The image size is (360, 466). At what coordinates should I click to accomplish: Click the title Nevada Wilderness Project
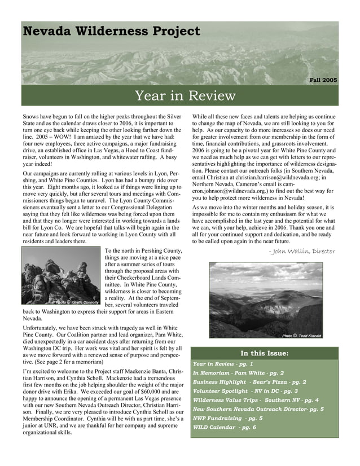pos(111,31)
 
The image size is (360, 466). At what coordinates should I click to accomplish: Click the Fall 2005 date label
pos(323,80)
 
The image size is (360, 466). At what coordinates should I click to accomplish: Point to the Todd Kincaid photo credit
pos(301,336)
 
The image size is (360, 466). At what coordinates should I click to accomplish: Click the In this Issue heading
pos(265,354)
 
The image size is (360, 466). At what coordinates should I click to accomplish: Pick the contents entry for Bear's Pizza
pos(249,382)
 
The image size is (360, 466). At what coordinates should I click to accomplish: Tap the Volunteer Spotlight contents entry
pos(245,391)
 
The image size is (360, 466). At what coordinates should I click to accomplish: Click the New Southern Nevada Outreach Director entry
pos(258,409)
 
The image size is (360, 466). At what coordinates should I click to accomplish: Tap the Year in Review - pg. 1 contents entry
pos(223,364)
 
